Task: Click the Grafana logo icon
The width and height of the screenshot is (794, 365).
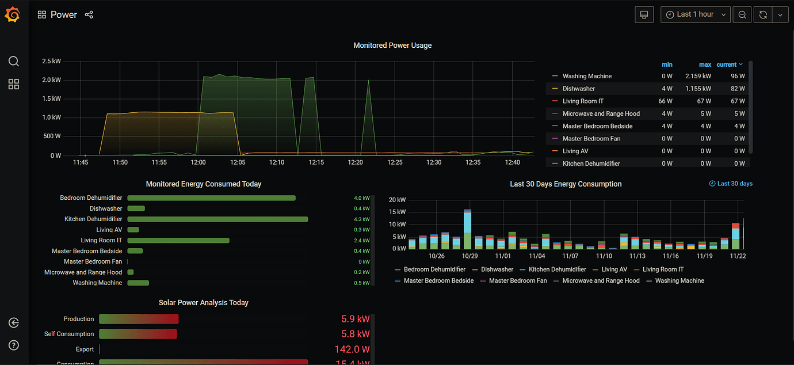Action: tap(13, 14)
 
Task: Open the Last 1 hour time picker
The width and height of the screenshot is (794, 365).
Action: tap(696, 14)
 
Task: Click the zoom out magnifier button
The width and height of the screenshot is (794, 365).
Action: tap(742, 14)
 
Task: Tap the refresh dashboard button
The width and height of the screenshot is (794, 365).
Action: tap(763, 14)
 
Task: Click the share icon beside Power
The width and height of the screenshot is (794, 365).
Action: tap(89, 14)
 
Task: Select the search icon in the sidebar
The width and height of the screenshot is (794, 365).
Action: tap(14, 62)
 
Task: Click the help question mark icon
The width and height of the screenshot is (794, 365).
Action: tap(14, 345)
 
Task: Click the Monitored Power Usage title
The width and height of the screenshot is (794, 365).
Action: tap(392, 45)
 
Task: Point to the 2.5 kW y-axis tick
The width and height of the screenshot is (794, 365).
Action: tap(51, 61)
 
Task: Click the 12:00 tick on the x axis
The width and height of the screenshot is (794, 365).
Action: tap(198, 163)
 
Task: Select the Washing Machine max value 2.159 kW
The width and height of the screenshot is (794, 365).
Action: tap(697, 76)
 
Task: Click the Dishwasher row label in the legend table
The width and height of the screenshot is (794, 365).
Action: tap(578, 89)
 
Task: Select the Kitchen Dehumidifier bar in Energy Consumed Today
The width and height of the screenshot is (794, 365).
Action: tap(217, 219)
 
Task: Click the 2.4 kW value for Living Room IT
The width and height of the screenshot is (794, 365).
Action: tap(361, 241)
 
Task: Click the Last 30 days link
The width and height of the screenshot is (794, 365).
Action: tap(731, 184)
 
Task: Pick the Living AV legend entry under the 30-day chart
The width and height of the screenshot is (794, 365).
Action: tap(614, 269)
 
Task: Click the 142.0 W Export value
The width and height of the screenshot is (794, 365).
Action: tap(352, 349)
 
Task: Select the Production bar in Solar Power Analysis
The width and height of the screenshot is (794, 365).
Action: tap(139, 319)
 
